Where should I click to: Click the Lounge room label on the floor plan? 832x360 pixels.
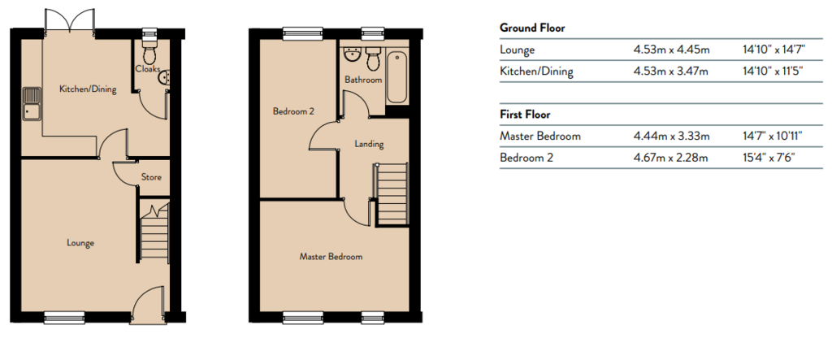point(81,243)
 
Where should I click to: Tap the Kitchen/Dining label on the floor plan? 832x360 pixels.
point(87,89)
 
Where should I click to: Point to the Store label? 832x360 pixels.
point(151,176)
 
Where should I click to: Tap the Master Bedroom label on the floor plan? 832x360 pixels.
point(331,257)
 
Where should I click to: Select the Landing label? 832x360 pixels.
point(369,145)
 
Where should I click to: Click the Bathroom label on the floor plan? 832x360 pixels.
point(362,80)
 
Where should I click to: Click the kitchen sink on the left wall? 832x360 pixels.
point(32,104)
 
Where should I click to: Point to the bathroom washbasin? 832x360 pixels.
point(353,58)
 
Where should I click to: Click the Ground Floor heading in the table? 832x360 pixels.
point(532,28)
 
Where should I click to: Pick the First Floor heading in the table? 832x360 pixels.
point(525,115)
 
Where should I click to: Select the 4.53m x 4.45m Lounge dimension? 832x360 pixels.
point(672,50)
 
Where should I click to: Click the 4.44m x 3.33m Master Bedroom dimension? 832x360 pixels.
point(672,137)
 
